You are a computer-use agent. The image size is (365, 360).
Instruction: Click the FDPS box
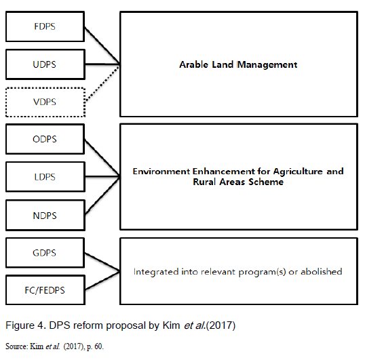tap(45, 26)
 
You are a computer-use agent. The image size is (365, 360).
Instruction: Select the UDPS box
tap(45, 64)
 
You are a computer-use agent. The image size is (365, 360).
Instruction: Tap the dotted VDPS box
tap(45, 102)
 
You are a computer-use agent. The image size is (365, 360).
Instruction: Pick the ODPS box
tap(45, 139)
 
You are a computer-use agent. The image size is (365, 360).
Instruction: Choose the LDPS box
tap(45, 177)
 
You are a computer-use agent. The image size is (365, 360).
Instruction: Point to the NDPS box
tap(45, 216)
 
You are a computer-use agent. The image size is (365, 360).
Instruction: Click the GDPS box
tap(45, 253)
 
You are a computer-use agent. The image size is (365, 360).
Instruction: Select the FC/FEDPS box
tap(45, 290)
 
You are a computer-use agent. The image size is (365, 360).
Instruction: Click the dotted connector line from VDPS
tap(102, 83)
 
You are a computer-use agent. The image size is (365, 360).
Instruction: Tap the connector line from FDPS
tap(102, 45)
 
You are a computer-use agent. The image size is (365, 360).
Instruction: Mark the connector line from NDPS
tap(102, 196)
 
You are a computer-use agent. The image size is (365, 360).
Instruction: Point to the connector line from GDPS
tap(102, 262)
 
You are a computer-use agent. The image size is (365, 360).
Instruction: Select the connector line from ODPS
tap(102, 158)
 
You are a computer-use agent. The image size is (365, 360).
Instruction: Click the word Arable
tap(193, 64)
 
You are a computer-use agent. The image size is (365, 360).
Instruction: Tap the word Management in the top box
tap(267, 65)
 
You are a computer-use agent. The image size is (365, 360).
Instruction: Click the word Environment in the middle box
tap(161, 172)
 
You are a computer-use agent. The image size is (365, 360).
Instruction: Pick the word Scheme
tap(266, 182)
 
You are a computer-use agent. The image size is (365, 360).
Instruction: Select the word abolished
tap(322, 271)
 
